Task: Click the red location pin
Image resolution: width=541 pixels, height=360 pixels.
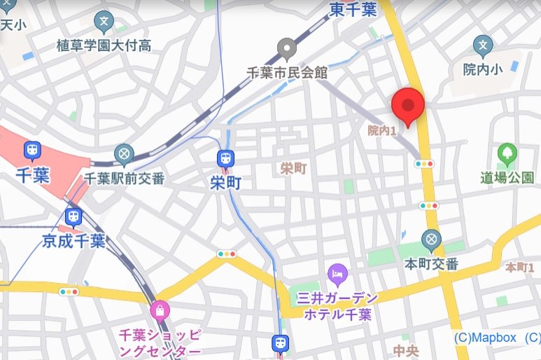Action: click(x=407, y=106)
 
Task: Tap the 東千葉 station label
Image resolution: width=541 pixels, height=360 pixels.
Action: click(x=353, y=9)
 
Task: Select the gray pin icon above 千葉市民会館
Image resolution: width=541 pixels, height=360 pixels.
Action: click(x=286, y=48)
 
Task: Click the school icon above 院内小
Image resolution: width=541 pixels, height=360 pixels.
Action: click(x=482, y=46)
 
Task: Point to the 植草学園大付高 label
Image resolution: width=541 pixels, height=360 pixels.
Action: click(x=104, y=46)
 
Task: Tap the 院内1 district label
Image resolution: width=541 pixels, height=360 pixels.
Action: click(x=382, y=130)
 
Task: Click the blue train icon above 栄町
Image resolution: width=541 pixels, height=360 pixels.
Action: click(x=226, y=159)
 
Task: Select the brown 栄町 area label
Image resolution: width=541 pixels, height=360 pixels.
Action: click(x=293, y=169)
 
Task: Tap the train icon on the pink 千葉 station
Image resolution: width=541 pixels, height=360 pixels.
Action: click(x=32, y=150)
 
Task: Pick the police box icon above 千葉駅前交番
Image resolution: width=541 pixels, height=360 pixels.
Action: click(x=125, y=154)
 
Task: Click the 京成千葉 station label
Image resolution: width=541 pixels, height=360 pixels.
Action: click(x=73, y=242)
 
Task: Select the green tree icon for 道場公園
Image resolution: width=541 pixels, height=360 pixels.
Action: click(x=507, y=153)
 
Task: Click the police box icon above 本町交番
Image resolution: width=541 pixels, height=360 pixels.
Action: click(x=432, y=240)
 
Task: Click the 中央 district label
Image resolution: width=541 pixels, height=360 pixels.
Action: click(x=407, y=349)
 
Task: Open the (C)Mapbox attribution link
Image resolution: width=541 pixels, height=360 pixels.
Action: click(x=485, y=338)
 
